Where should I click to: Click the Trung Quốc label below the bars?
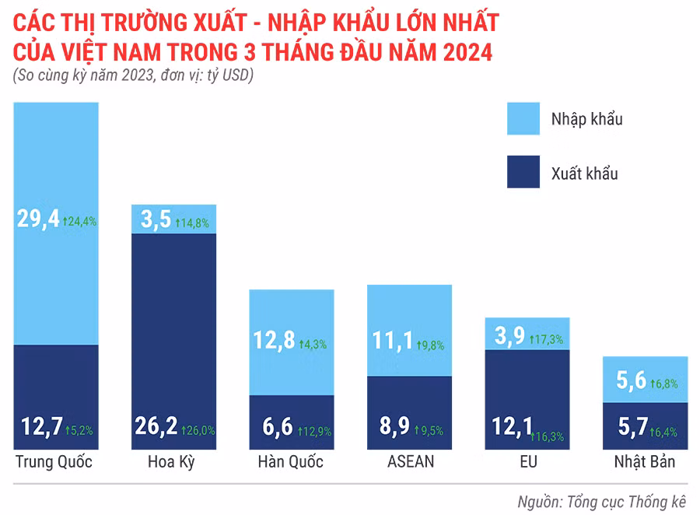point(54,462)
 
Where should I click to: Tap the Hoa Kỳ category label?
point(171,462)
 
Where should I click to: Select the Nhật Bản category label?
point(645,462)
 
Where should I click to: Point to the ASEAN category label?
point(410,462)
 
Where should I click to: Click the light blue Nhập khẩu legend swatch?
point(529,119)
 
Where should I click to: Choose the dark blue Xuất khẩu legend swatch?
point(529,172)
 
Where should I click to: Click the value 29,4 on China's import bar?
point(38,219)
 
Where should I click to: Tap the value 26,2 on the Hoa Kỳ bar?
point(155,427)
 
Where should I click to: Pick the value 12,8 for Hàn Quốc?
point(274,341)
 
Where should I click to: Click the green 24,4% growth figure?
point(80,221)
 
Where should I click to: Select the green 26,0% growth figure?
point(198,429)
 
